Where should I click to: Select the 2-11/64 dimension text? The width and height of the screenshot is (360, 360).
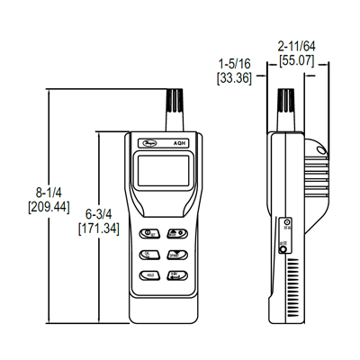click(296, 45)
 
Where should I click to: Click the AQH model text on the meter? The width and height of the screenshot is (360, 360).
click(180, 141)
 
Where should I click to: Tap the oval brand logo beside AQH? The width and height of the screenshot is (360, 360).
click(148, 141)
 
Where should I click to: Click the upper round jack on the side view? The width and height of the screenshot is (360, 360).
click(286, 226)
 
